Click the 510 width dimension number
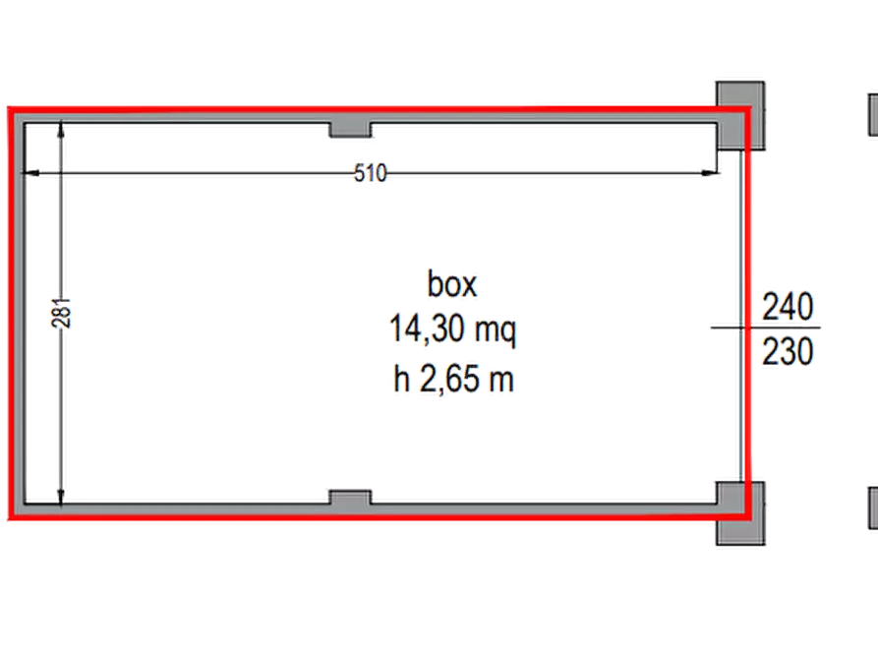pos(370,173)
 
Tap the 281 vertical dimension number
pos(62,313)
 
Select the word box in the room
pos(452,284)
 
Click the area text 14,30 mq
pos(452,330)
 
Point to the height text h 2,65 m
pos(453,379)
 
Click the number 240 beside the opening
pos(788,307)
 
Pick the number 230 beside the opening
pos(788,352)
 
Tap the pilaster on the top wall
pos(350,130)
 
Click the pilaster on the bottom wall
pos(350,498)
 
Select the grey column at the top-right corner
pos(740,115)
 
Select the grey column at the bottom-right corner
pos(740,512)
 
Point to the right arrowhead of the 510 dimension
pos(710,173)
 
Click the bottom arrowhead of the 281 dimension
pos(61,497)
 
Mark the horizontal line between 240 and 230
pos(766,328)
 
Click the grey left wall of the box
pos(18,313)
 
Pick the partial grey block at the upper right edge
pos(873,115)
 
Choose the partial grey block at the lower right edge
pos(873,509)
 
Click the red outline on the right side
pos(747,313)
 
